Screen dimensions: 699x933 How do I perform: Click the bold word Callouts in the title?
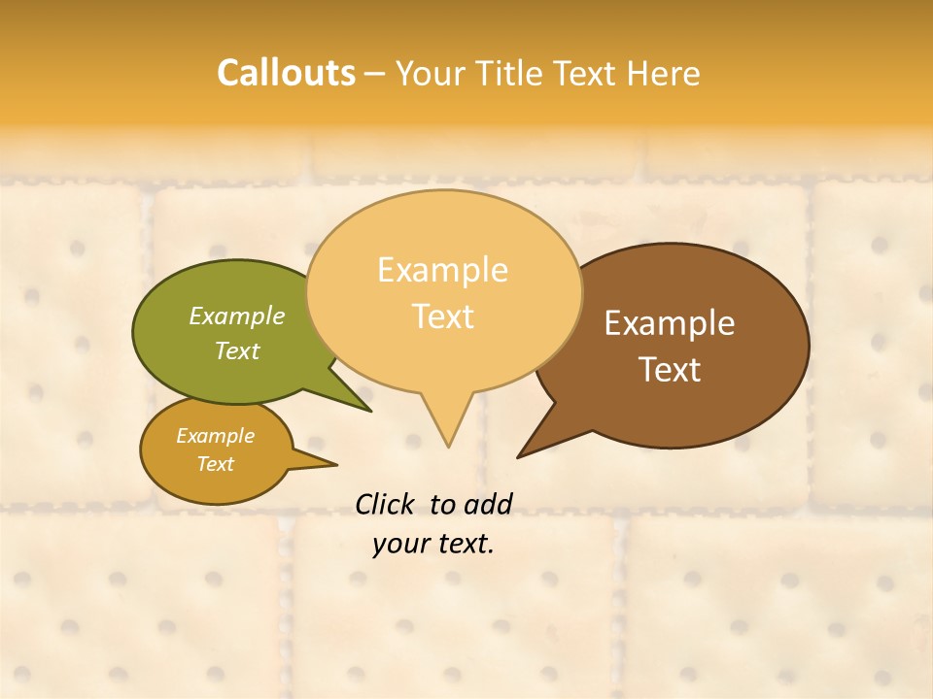[x=286, y=74]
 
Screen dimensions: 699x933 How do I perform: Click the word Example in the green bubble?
[x=237, y=316]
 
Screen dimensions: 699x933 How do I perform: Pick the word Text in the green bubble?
[x=237, y=350]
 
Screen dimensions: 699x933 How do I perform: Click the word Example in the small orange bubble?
[x=216, y=436]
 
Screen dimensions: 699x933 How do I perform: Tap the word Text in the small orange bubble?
[x=216, y=464]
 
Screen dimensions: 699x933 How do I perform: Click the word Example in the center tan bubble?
[x=443, y=270]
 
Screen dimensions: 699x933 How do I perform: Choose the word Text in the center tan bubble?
[x=443, y=316]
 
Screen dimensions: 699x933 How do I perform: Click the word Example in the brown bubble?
[x=670, y=323]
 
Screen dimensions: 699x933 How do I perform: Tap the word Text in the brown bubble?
[x=670, y=370]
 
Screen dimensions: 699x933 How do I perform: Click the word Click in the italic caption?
[x=384, y=504]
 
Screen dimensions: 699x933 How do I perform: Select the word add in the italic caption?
[x=488, y=504]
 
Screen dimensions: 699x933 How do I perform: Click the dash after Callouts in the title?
[x=375, y=74]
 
